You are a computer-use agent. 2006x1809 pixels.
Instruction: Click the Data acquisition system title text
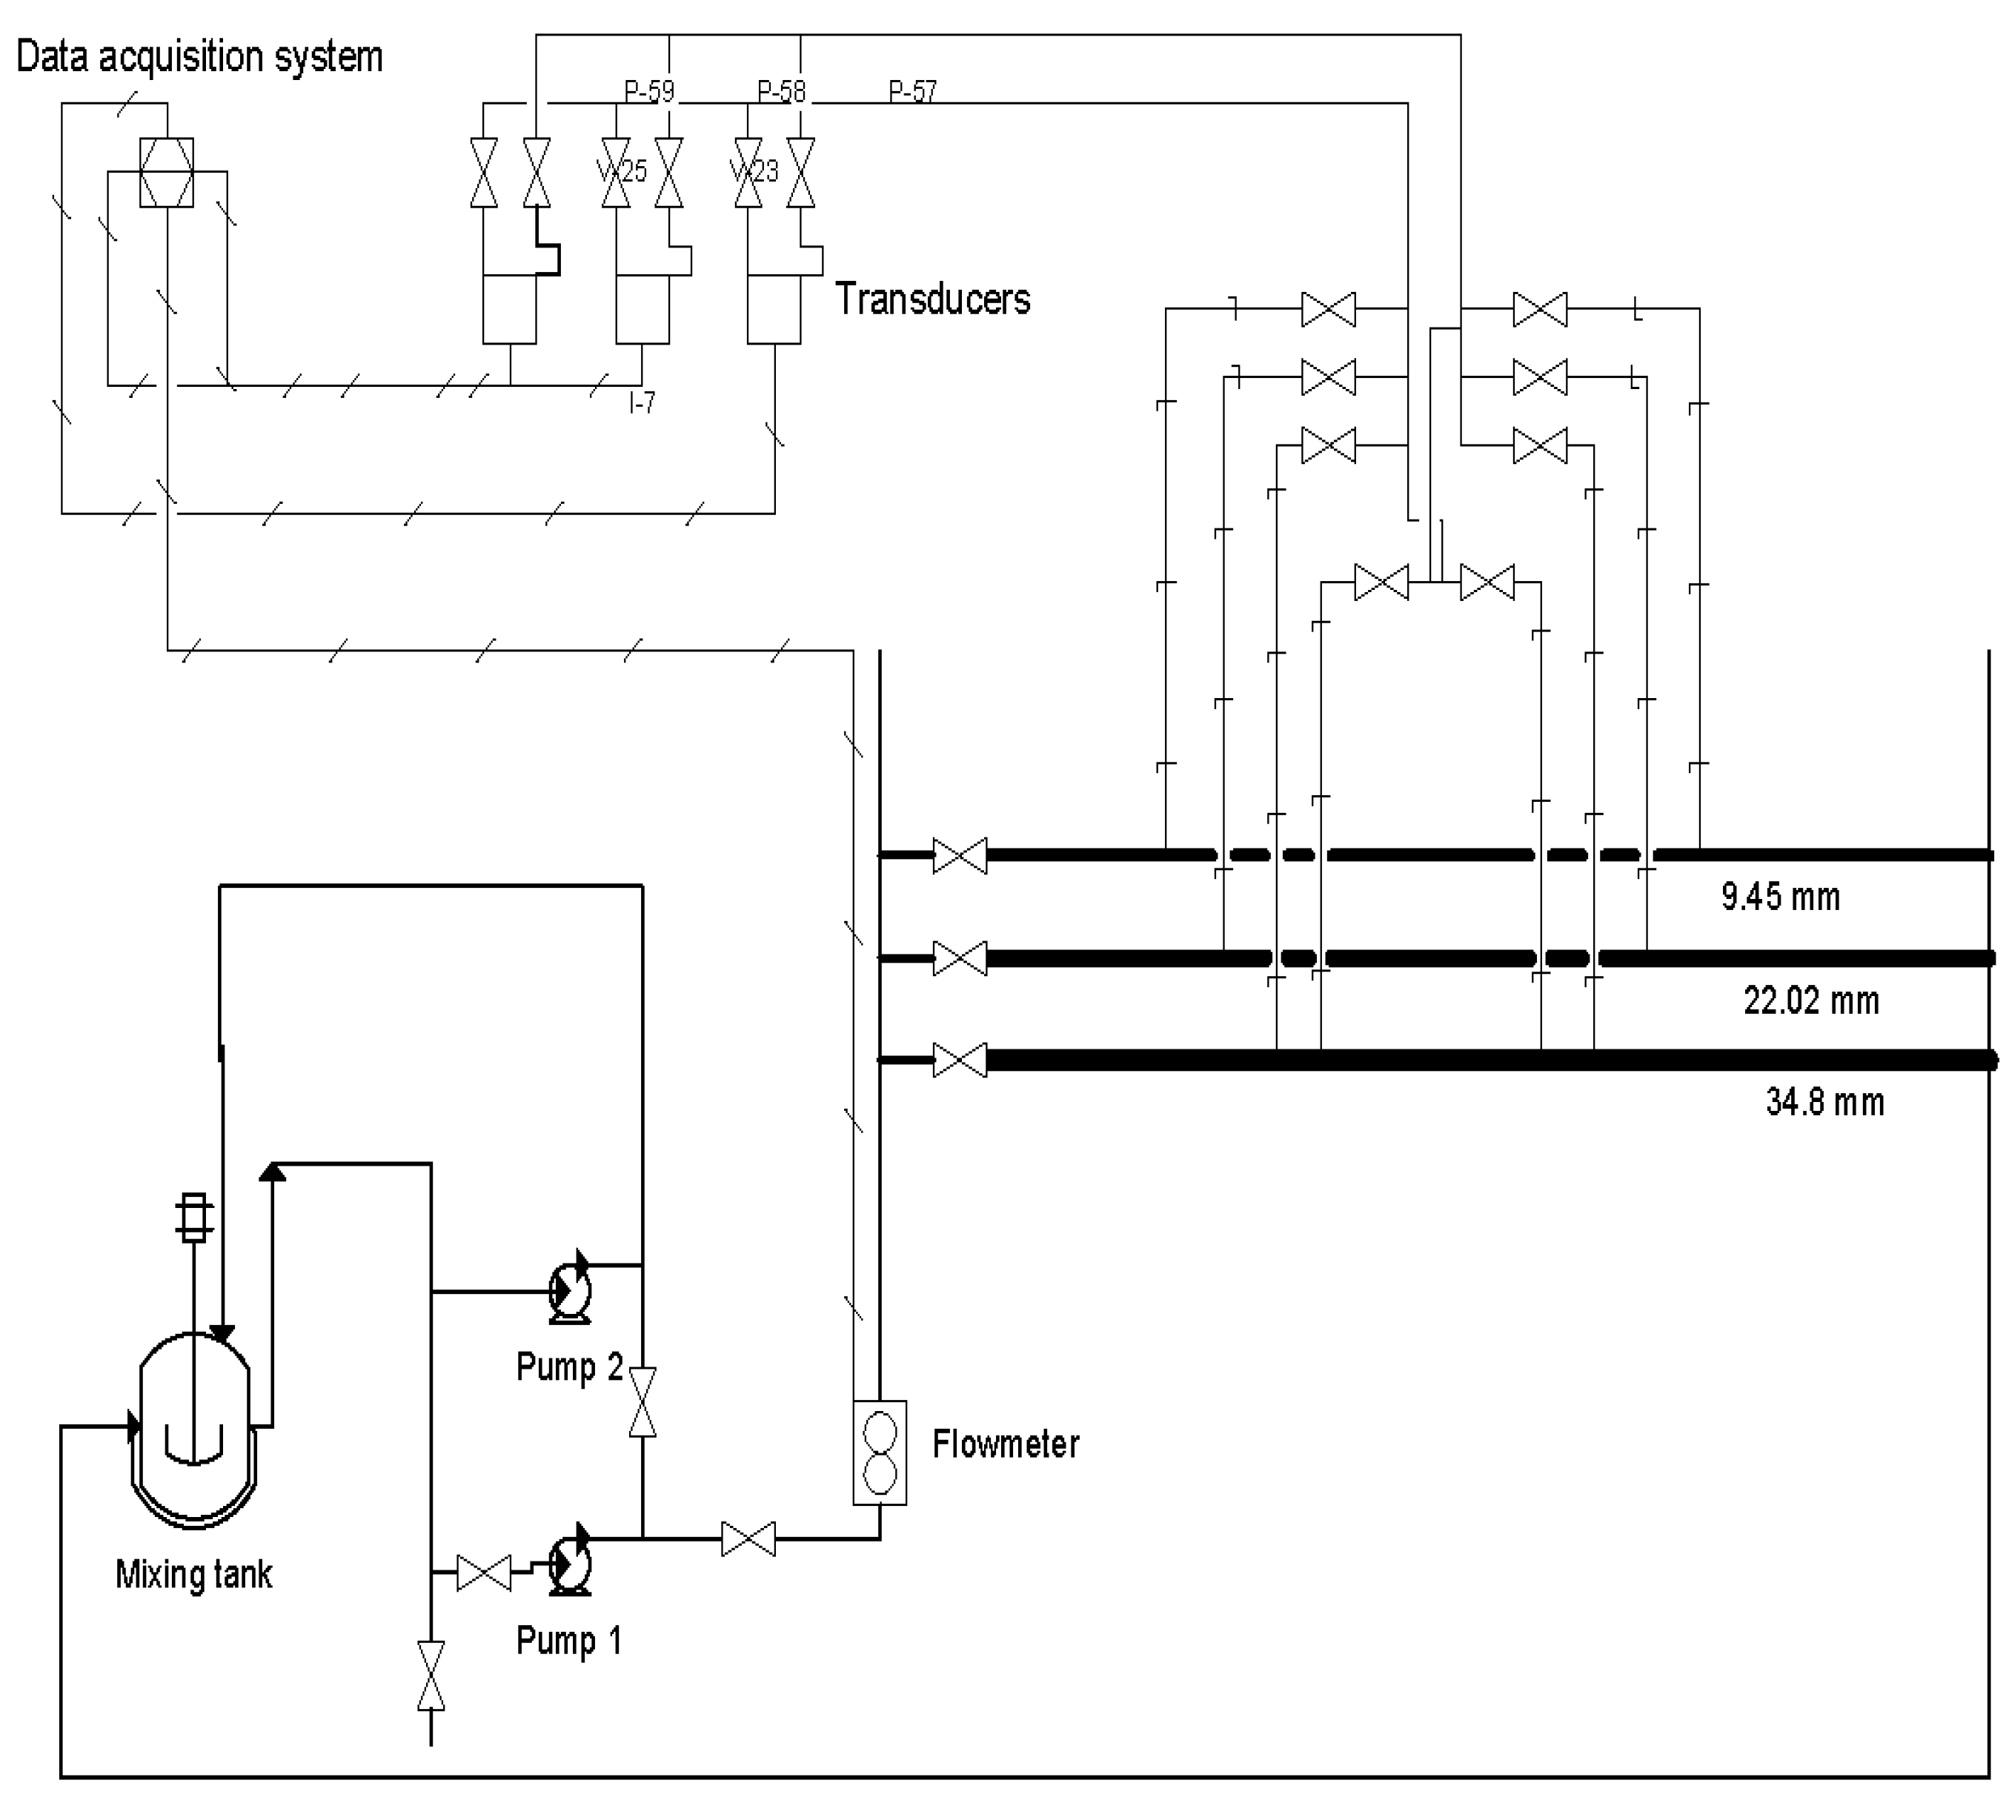pos(199,56)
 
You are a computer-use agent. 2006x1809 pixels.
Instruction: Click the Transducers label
pos(931,298)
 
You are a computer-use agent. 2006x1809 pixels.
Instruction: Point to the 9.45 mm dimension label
pos(1779,897)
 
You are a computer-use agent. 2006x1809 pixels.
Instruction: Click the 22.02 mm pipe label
pos(1810,1000)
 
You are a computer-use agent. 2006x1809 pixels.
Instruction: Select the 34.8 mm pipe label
pos(1824,1101)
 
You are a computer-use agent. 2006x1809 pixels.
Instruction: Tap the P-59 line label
pos(648,91)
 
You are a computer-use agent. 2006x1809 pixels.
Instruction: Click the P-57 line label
pos(911,91)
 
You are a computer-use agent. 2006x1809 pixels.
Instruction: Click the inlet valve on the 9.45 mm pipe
pos(959,854)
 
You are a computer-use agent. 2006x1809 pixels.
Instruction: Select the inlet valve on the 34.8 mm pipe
pos(959,1060)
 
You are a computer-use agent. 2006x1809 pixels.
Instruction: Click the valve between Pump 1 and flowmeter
pos(748,1539)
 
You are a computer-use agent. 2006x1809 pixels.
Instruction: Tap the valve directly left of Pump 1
pos(483,1573)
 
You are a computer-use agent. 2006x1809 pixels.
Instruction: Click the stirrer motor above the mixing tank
pos(194,1217)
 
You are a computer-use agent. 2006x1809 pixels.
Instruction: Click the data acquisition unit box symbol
pos(166,172)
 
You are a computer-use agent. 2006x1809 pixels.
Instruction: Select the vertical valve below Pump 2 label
pos(642,1401)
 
